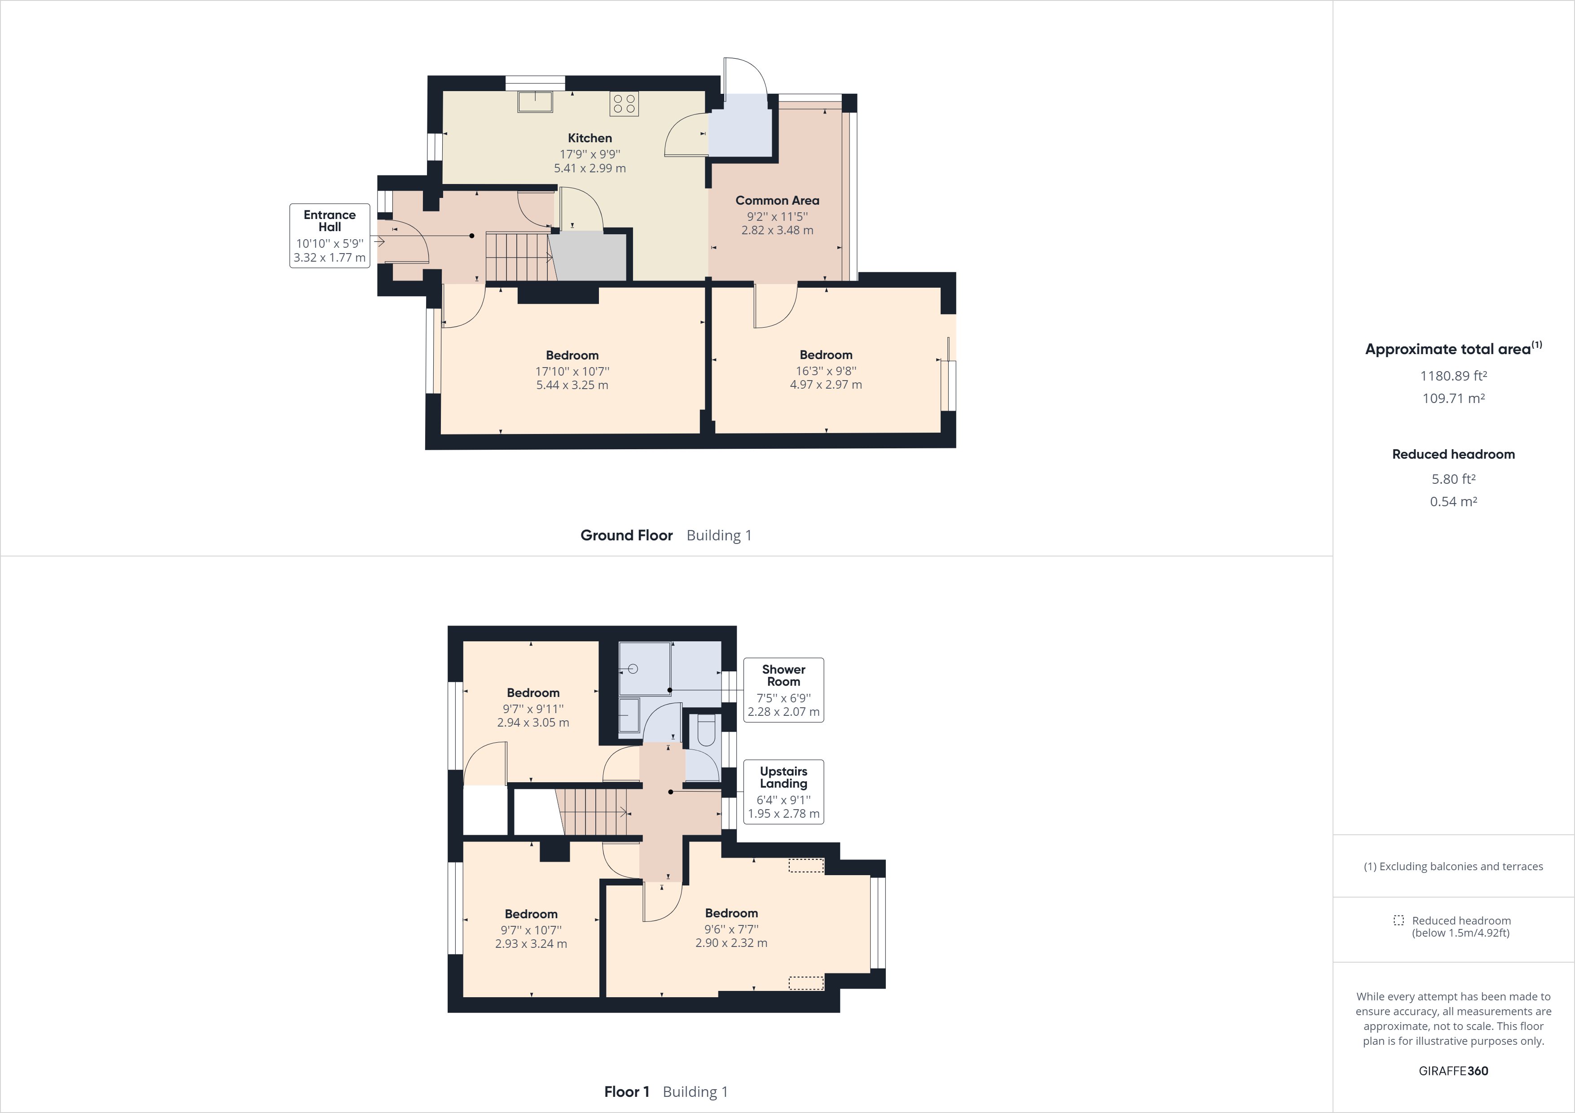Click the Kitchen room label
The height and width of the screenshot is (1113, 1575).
tap(589, 138)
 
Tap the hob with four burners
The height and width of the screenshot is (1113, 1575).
tap(624, 104)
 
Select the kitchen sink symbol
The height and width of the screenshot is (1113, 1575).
tap(534, 101)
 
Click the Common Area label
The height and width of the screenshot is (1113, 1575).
tap(777, 200)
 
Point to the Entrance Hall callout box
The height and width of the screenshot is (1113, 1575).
tap(329, 235)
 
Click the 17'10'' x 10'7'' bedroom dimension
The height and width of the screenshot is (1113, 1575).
tap(572, 371)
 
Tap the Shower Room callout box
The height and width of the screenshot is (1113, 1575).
tap(783, 690)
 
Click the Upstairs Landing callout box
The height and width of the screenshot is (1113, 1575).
tap(783, 791)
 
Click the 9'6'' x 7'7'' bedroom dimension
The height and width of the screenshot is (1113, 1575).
tap(731, 929)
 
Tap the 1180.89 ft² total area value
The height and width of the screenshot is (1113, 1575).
tap(1453, 376)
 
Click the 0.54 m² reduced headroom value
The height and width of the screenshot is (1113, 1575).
tap(1453, 501)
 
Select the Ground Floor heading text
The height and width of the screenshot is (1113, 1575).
tap(626, 535)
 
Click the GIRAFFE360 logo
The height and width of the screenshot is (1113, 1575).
tap(1453, 1070)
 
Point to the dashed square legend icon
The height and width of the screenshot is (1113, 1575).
tap(1398, 920)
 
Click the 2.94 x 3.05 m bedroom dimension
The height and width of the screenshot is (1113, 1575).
tap(533, 722)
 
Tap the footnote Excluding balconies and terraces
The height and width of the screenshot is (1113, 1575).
tap(1453, 866)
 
